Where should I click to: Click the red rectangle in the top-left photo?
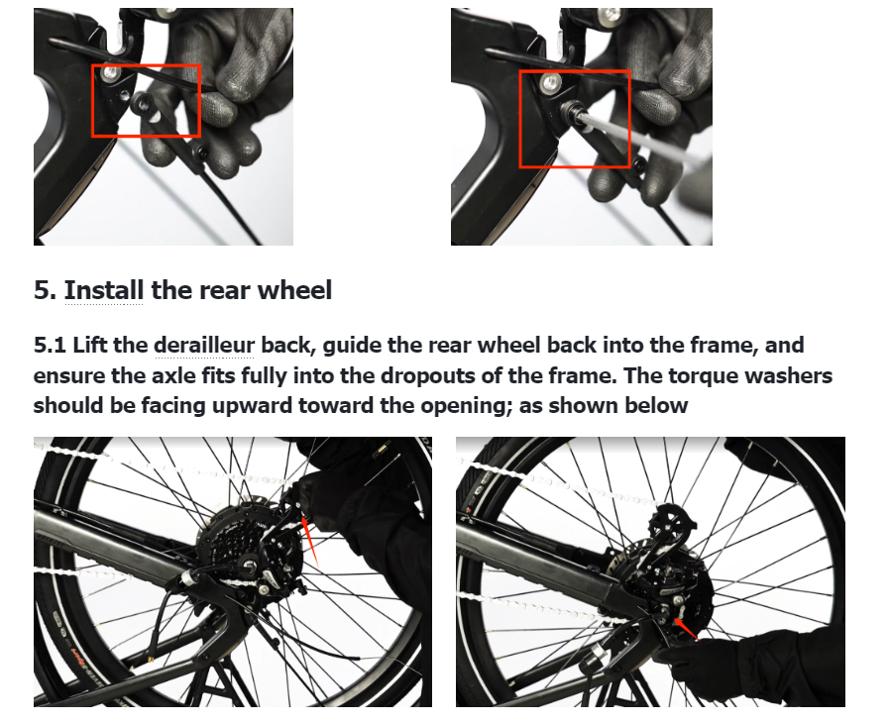point(92,101)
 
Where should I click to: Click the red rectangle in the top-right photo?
point(520,119)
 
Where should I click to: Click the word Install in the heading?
point(104,290)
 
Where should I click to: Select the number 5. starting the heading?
point(46,290)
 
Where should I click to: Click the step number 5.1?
point(51,345)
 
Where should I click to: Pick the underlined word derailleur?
point(204,345)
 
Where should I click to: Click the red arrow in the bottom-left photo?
point(310,541)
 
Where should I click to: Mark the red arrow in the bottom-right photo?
point(685,629)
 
